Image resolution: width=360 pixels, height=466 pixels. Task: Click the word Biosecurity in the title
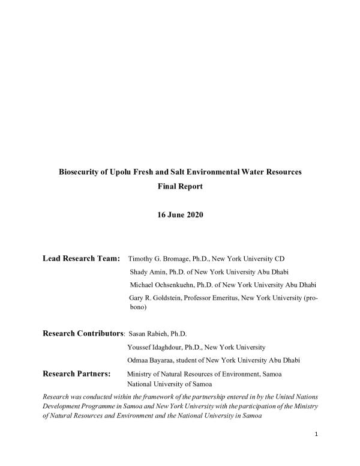pos(80,172)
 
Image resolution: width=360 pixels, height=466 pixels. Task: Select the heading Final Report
pos(180,186)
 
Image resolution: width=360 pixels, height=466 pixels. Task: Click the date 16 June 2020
pos(180,215)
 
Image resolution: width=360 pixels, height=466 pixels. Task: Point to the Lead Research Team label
pos(82,259)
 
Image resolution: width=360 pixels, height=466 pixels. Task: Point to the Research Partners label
pos(77,373)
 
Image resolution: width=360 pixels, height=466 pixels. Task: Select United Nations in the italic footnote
pos(292,397)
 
